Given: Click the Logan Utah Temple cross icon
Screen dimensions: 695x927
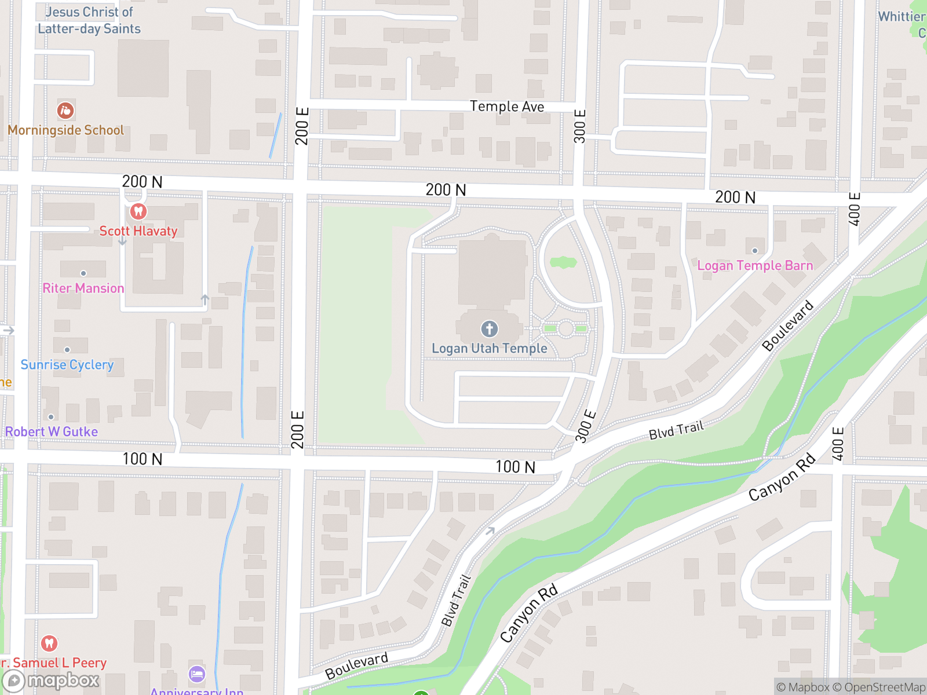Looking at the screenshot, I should click(x=490, y=329).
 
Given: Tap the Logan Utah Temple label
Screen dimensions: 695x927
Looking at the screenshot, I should click(x=490, y=349).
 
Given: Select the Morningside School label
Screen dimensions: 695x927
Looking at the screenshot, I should click(x=66, y=130).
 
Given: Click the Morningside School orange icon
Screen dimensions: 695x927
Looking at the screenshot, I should click(x=65, y=110).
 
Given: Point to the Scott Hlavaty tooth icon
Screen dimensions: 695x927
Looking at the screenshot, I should click(x=138, y=211).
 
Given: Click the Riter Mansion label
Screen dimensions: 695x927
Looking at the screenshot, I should click(x=83, y=288).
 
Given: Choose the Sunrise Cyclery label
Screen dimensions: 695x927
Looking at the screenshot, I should click(x=67, y=365).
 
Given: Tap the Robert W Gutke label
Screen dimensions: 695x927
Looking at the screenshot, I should click(x=52, y=432).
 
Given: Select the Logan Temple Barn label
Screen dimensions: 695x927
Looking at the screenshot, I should click(x=755, y=266).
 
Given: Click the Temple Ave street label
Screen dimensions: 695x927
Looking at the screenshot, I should click(x=507, y=107).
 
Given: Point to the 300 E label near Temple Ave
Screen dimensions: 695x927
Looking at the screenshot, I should click(x=580, y=126).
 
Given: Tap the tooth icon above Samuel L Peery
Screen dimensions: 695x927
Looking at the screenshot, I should click(x=49, y=643).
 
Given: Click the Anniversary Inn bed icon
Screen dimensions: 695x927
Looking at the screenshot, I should click(x=197, y=674).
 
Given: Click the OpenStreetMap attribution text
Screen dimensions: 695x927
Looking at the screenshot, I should click(x=885, y=687).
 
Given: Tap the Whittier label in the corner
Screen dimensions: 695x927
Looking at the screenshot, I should click(x=902, y=17).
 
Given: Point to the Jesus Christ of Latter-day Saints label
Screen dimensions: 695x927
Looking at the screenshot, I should click(x=89, y=20).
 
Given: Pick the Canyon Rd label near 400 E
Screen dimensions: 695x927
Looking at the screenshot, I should click(x=782, y=477).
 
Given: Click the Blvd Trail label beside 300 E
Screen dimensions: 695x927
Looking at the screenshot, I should click(x=676, y=430).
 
